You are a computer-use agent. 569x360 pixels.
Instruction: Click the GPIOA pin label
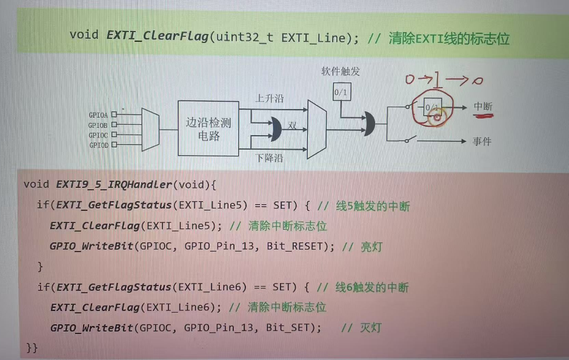[x=98, y=115]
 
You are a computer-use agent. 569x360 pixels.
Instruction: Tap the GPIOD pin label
[x=98, y=145]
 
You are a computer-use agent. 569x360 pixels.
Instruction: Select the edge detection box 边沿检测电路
[x=208, y=128]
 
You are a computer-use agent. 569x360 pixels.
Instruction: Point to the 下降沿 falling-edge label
[x=269, y=158]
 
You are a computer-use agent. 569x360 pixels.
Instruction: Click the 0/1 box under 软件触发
[x=341, y=92]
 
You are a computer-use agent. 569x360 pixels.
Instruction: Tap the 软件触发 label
[x=341, y=72]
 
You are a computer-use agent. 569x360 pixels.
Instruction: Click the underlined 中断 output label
[x=483, y=107]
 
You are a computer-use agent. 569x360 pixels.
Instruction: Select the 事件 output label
[x=482, y=141]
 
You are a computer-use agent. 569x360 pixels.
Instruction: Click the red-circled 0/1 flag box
[x=433, y=107]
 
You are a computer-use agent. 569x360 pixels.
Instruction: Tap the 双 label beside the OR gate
[x=292, y=125]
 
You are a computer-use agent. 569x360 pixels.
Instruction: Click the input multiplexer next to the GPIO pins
[x=150, y=128]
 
